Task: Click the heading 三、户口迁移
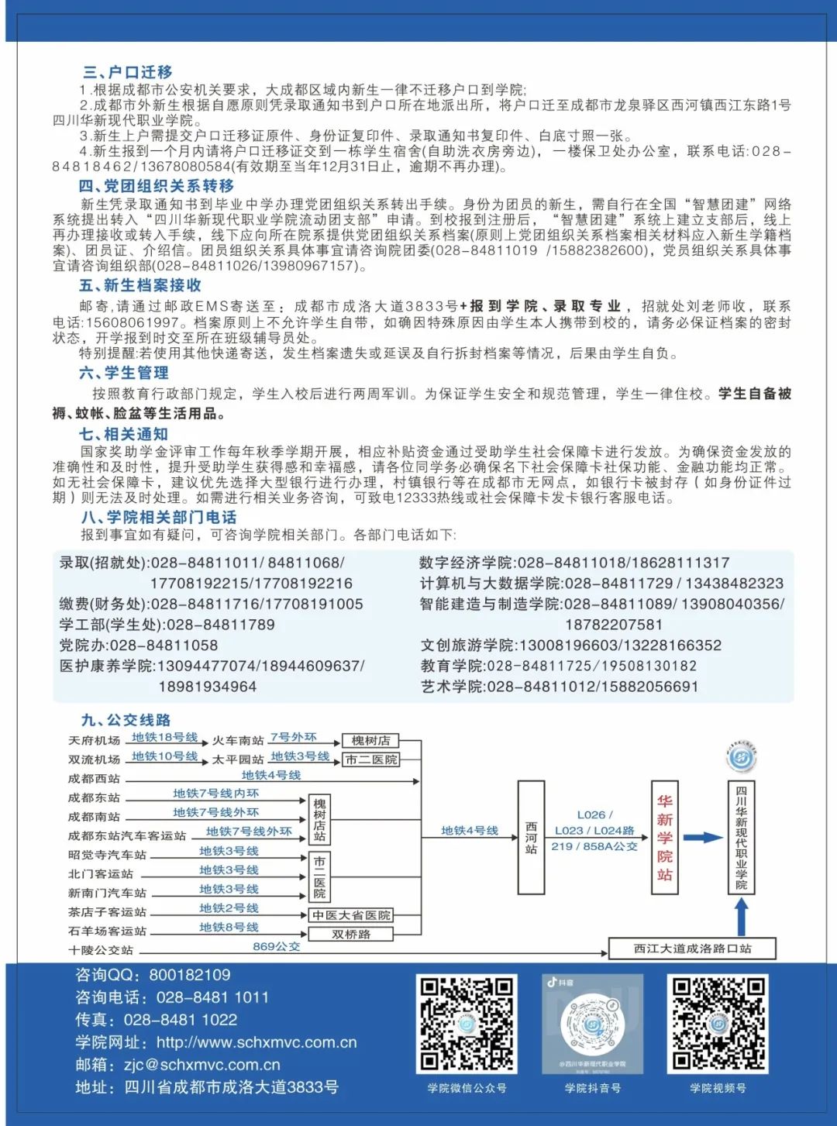127,72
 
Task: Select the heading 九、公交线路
126,720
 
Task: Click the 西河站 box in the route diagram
531,838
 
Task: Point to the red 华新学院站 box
664,838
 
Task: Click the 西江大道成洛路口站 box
692,949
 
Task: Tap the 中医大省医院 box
351,915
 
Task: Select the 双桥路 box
351,935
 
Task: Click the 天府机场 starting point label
94,741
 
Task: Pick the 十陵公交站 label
100,950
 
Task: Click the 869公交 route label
276,946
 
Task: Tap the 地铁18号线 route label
164,737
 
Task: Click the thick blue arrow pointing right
702,838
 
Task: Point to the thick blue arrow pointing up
742,917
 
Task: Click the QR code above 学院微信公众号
467,1024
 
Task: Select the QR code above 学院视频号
718,1024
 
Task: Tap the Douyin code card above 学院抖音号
592,1024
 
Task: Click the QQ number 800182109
190,975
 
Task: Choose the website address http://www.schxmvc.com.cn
257,1042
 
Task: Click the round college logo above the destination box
742,757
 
